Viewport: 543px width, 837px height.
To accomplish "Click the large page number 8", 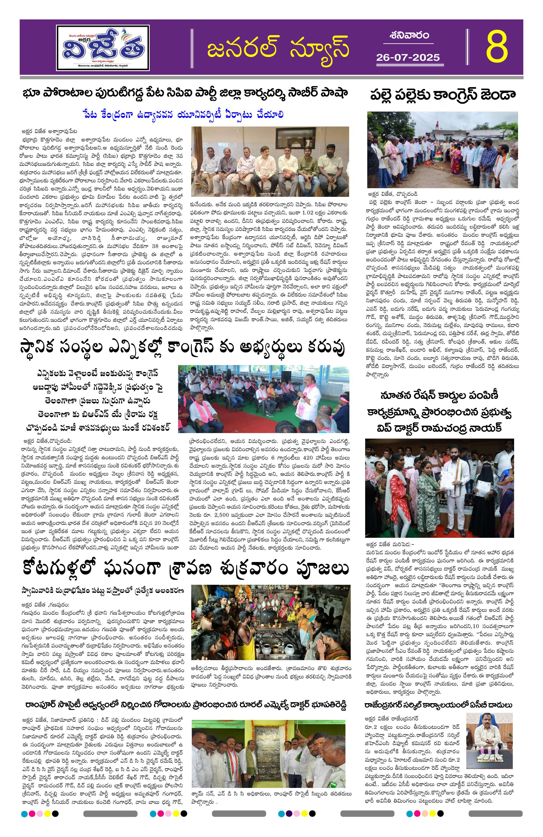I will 497,46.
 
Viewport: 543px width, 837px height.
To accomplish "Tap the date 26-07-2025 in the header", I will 408,57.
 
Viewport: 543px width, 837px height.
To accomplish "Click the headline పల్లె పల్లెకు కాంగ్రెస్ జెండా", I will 442,94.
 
